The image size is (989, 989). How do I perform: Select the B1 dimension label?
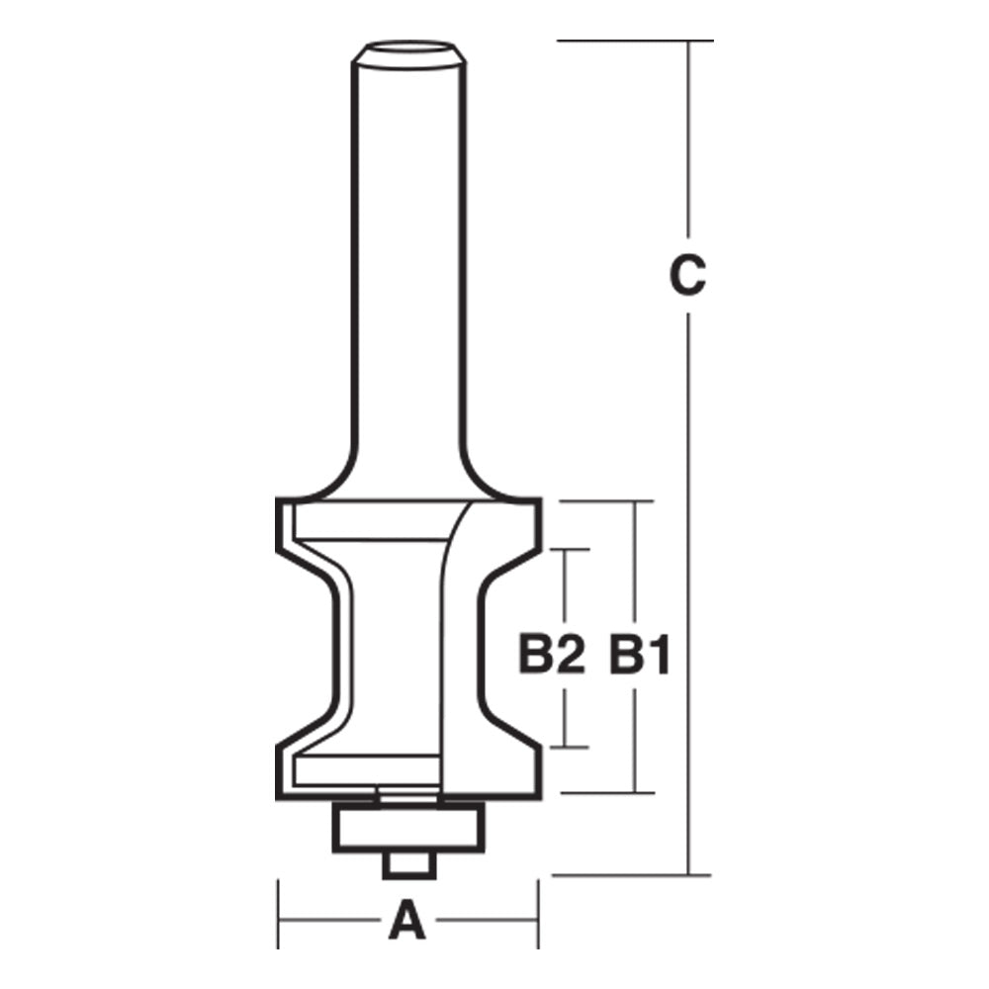click(639, 656)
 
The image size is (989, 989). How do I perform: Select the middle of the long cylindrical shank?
click(409, 267)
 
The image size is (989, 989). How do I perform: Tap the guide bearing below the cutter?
click(409, 823)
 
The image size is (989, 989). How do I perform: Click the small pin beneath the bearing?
click(408, 862)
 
